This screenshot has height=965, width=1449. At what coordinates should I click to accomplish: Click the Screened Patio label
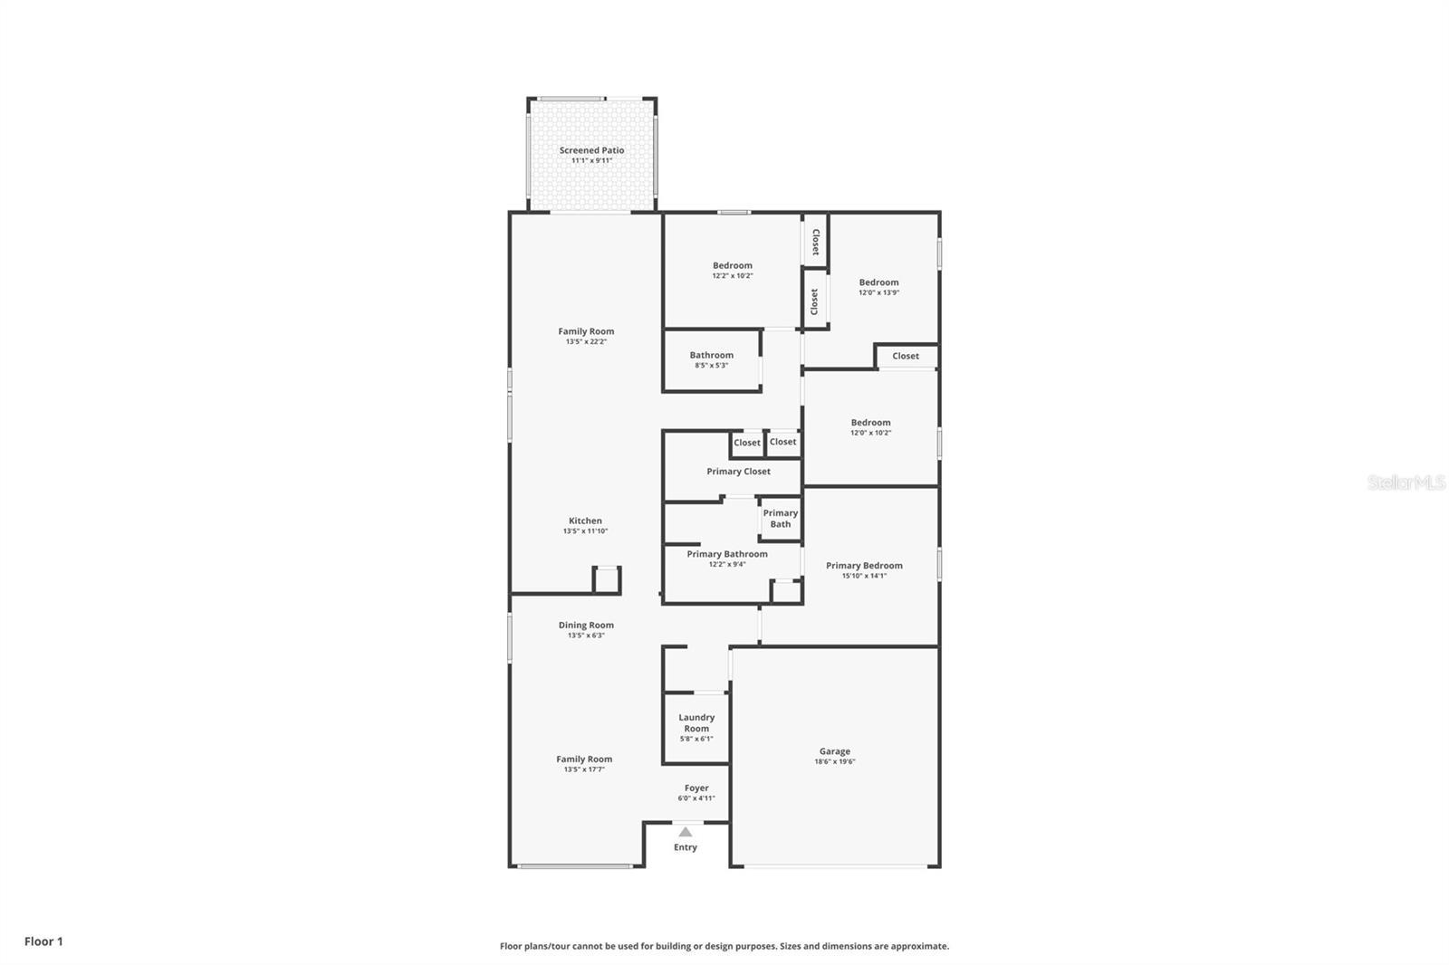pyautogui.click(x=591, y=150)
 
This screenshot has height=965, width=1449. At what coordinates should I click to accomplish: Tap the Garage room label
pyautogui.click(x=834, y=751)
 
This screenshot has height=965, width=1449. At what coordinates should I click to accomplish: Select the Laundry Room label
pyautogui.click(x=696, y=722)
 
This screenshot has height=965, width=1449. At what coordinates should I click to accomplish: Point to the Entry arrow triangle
pyautogui.click(x=686, y=832)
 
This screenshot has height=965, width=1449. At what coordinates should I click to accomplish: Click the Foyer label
pyautogui.click(x=696, y=788)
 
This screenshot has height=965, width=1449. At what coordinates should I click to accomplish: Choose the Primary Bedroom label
pyautogui.click(x=864, y=566)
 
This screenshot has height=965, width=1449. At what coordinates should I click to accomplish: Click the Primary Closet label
pyautogui.click(x=738, y=472)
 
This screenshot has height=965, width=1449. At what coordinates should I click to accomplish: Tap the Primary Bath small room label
pyautogui.click(x=780, y=518)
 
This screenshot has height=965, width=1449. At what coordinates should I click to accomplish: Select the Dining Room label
pyautogui.click(x=586, y=625)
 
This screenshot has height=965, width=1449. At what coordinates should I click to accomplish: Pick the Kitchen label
pyautogui.click(x=585, y=521)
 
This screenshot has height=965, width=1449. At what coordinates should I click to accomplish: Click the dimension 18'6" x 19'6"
pyautogui.click(x=834, y=762)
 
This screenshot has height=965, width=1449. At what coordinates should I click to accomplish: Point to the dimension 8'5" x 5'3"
pyautogui.click(x=711, y=366)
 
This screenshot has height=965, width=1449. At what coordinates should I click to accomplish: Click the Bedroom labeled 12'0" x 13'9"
pyautogui.click(x=878, y=282)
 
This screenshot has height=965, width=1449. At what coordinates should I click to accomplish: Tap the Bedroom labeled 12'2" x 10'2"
pyautogui.click(x=732, y=265)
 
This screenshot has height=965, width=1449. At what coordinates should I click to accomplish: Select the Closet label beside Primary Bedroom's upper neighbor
pyautogui.click(x=905, y=356)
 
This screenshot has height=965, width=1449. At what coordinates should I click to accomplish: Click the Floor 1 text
pyautogui.click(x=43, y=941)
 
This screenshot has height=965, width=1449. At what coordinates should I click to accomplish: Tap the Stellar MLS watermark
pyautogui.click(x=1406, y=483)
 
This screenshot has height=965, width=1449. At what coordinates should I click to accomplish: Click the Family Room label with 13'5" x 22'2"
pyautogui.click(x=586, y=331)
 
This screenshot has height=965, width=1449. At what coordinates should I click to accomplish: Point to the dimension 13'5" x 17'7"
pyautogui.click(x=584, y=769)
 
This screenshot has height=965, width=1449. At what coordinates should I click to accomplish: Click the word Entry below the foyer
pyautogui.click(x=686, y=847)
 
